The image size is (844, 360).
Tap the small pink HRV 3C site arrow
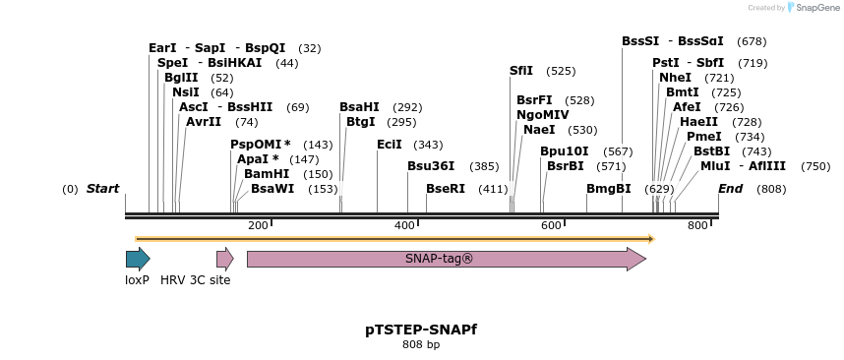click(224, 259)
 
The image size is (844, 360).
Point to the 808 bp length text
click(421, 345)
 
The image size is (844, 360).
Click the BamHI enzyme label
click(267, 174)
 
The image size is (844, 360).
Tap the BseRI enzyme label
click(446, 189)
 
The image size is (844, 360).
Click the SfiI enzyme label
click(521, 71)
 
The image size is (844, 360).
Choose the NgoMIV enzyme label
click(543, 115)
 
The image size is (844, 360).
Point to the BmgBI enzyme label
click(609, 189)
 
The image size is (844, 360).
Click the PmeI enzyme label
click(704, 137)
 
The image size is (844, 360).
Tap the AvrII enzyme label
click(204, 122)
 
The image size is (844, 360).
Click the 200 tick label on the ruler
click(258, 226)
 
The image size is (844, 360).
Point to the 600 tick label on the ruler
click(551, 226)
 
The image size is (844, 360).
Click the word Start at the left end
click(102, 189)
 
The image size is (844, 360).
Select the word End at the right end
click(731, 189)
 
